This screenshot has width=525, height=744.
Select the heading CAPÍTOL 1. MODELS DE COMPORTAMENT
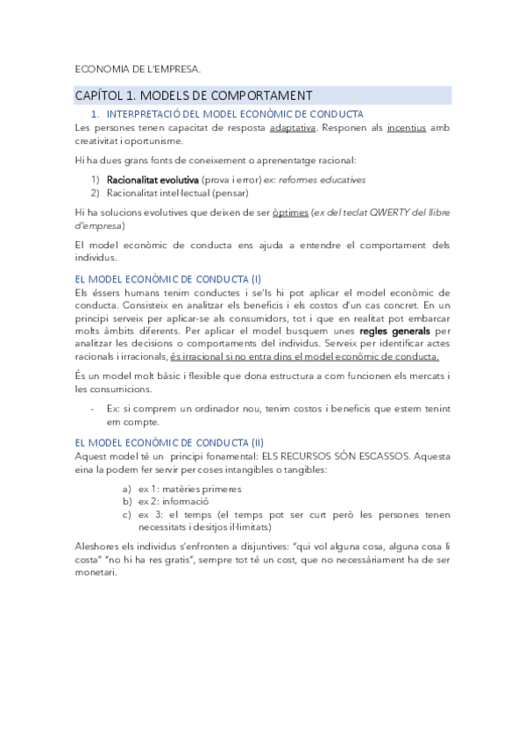194,95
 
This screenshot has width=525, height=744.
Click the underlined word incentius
406,127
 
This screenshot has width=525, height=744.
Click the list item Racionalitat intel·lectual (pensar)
178,192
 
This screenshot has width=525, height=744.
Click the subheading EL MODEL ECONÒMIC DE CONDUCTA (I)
162,279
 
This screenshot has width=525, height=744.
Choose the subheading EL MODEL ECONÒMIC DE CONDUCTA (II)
164,442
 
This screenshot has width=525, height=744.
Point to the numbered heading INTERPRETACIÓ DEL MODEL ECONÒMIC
234,114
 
